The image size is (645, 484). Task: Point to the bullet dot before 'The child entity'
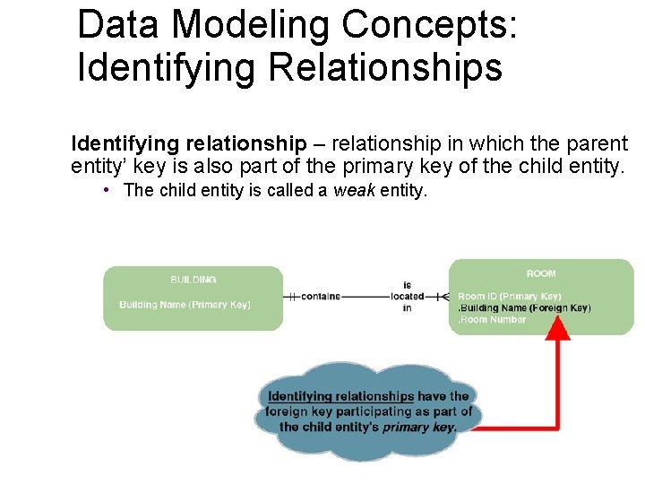tap(106, 190)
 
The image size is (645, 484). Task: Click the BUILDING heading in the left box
tap(193, 280)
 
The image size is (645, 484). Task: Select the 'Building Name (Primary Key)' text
tap(185, 305)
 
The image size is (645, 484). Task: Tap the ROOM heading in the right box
tap(540, 273)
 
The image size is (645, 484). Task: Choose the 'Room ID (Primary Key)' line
tap(509, 297)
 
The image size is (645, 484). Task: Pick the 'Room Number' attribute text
tap(494, 320)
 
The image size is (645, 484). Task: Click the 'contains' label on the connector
tap(321, 297)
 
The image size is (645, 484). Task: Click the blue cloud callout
tap(369, 411)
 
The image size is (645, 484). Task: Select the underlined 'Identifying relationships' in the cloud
tap(340, 396)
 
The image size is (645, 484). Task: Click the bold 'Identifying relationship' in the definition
tap(188, 143)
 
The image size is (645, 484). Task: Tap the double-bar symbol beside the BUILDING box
tap(290, 297)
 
